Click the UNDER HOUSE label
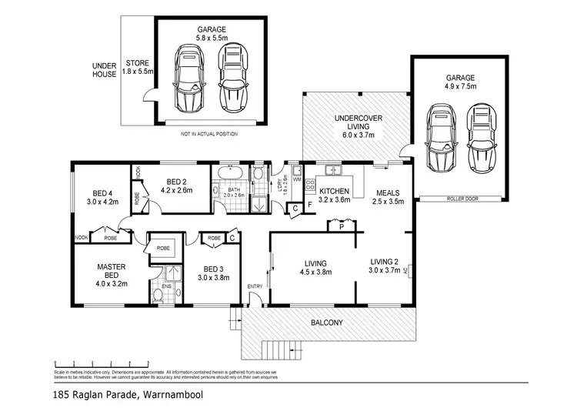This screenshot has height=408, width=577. [105, 69]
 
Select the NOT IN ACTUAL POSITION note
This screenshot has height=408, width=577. [209, 133]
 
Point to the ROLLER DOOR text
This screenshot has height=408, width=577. [462, 199]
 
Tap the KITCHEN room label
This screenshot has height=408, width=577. [335, 194]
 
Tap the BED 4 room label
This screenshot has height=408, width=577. [102, 198]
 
